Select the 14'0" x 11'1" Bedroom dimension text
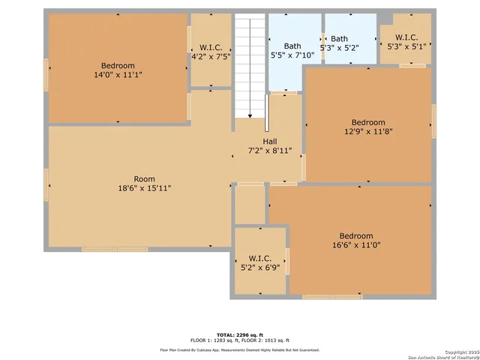(x=118, y=75)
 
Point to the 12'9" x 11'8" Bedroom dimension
(x=367, y=132)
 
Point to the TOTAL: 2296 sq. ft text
(x=239, y=334)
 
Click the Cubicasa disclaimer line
(x=239, y=349)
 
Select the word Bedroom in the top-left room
(x=118, y=65)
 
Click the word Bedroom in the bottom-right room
(x=355, y=235)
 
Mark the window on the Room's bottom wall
(x=115, y=248)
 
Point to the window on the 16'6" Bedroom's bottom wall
(x=331, y=297)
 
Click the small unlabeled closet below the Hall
(x=250, y=204)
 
